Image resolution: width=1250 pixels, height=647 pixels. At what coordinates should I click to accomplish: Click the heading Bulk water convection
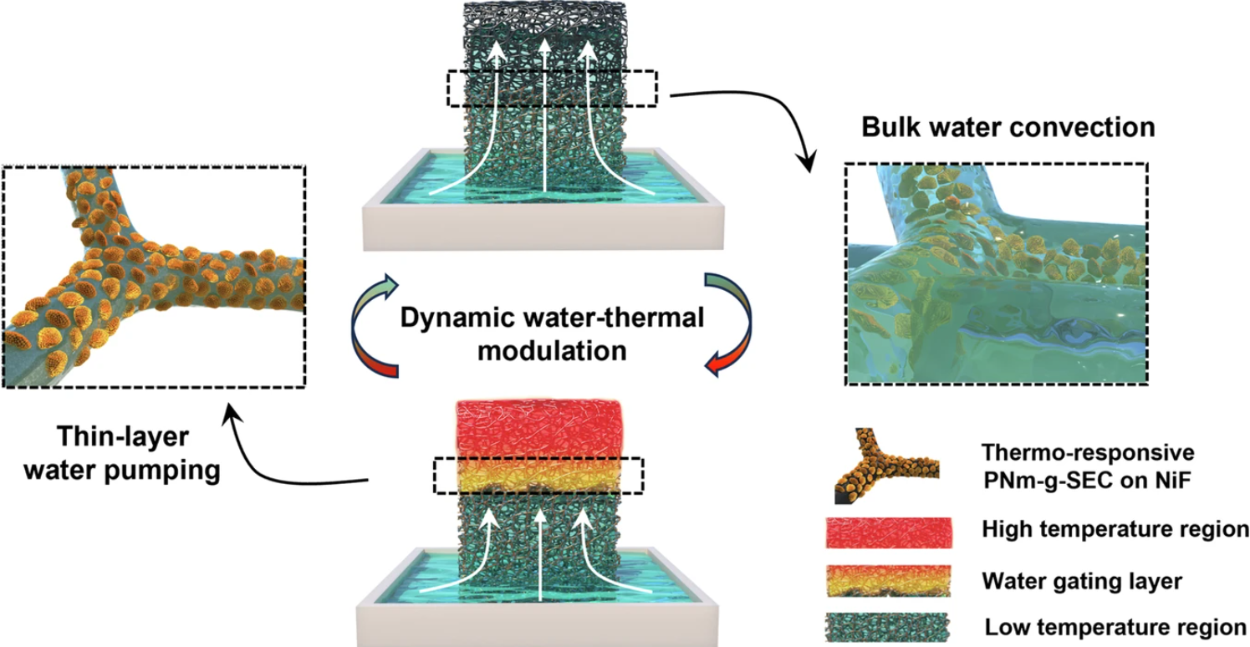coord(1008,127)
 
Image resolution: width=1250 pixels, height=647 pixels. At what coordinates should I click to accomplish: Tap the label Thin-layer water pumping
coord(121,453)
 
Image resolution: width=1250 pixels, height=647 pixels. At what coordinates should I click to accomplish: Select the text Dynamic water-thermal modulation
coord(552,334)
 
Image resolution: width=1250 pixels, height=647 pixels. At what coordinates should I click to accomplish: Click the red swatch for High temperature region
coord(889,532)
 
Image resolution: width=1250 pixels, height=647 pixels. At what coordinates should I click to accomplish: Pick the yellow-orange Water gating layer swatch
coord(889,581)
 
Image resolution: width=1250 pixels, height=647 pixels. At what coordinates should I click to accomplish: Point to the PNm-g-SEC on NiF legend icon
coord(886,466)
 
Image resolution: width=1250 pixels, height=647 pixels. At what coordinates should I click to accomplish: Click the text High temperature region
coord(1115,529)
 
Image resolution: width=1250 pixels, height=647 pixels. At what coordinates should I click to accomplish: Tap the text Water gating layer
coord(1082,581)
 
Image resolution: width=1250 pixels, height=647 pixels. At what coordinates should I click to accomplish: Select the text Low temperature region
coord(1115,628)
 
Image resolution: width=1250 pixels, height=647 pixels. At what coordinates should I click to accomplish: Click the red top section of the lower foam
coord(538,430)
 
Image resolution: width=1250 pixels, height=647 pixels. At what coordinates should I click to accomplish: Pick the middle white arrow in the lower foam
coord(540,555)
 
